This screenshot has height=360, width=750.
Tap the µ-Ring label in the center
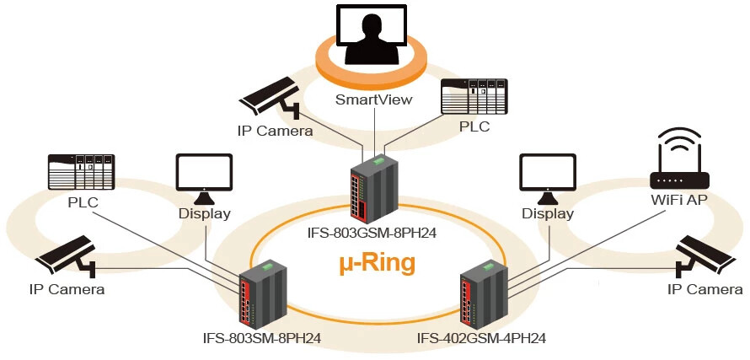click(377, 263)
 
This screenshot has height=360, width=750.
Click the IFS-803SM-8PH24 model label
click(262, 339)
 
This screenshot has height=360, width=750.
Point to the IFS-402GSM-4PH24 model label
click(482, 339)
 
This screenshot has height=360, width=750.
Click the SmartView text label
click(374, 99)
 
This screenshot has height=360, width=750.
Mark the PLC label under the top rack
click(474, 128)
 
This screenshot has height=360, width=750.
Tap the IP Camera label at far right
click(705, 290)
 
